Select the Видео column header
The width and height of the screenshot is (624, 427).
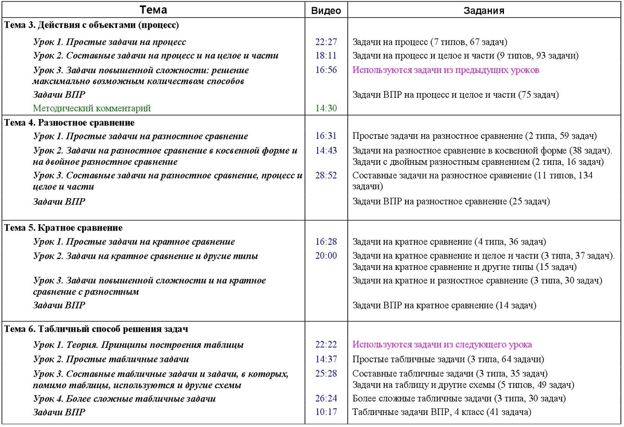[x=326, y=10]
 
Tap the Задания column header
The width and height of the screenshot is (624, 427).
[x=484, y=10]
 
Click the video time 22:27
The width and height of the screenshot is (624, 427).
[x=326, y=42]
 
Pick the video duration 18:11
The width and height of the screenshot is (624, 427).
[x=326, y=56]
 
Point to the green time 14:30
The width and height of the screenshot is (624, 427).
[x=326, y=109]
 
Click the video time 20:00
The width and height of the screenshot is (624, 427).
[x=326, y=256]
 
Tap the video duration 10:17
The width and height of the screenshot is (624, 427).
[x=326, y=412]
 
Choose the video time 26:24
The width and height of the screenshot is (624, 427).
[x=326, y=399]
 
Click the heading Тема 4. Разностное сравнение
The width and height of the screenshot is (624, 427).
[x=69, y=123]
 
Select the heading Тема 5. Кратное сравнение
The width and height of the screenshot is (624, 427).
[x=63, y=228]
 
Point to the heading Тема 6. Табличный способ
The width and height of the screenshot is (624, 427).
[x=96, y=329]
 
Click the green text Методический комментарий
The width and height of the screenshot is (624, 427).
[x=92, y=109]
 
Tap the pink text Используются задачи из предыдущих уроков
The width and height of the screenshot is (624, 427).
[x=446, y=70]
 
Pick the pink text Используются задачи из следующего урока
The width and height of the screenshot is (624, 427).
[x=442, y=345]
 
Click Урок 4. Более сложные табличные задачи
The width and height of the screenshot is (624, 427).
[x=124, y=399]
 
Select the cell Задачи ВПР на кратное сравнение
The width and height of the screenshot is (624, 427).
[x=444, y=305]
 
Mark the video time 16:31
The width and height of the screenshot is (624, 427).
[x=326, y=136]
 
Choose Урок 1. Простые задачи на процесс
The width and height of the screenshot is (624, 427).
[x=109, y=42]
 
